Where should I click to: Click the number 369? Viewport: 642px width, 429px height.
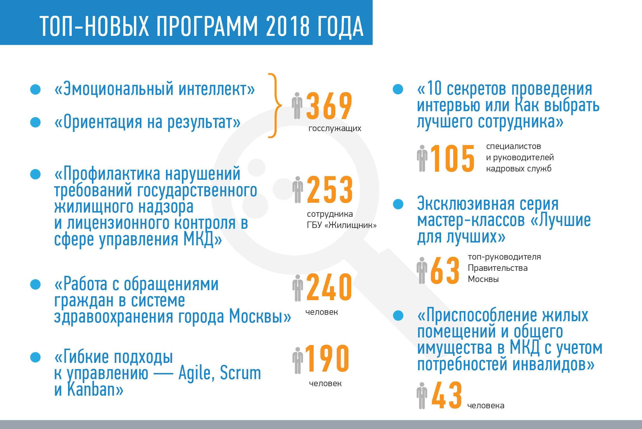(x=329, y=106)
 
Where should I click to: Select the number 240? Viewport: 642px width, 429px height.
(x=329, y=287)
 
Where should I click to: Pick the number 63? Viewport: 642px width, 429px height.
(x=445, y=270)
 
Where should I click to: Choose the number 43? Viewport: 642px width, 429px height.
(x=446, y=395)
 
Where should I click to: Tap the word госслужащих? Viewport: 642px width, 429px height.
(x=335, y=129)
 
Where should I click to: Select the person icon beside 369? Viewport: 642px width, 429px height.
(x=297, y=106)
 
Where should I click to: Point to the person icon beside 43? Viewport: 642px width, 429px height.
(x=422, y=395)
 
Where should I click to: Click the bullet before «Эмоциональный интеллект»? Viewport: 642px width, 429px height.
(x=36, y=89)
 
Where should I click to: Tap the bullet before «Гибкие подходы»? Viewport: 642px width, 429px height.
(x=36, y=357)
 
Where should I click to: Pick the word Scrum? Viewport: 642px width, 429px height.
(x=240, y=373)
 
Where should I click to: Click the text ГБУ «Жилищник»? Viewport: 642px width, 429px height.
(x=342, y=225)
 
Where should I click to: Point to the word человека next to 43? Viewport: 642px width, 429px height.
(x=486, y=405)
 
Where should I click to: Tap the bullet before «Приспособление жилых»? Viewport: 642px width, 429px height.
(x=398, y=316)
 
